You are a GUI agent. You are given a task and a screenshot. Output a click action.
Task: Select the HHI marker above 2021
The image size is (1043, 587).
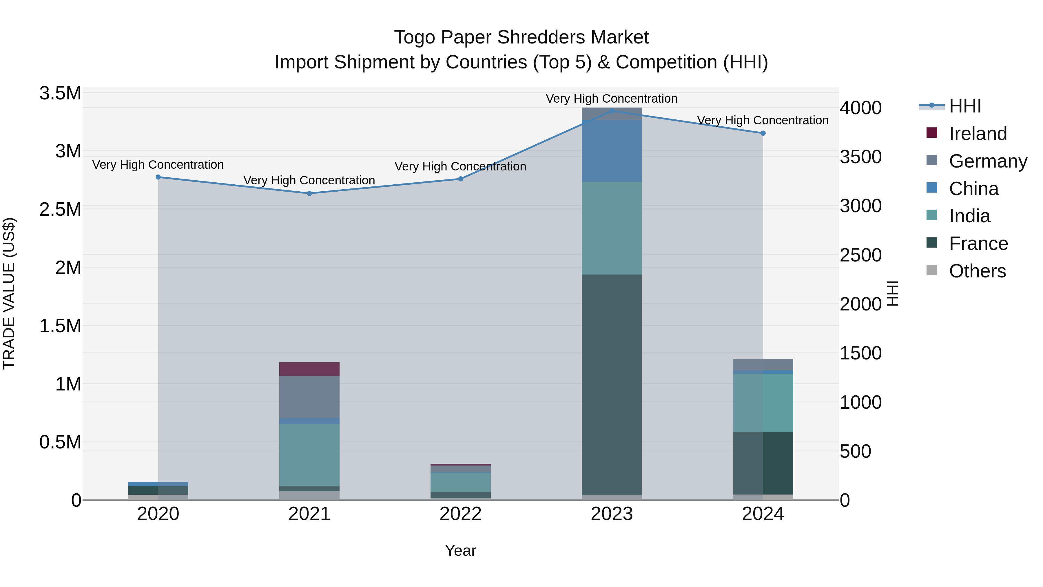pyautogui.click(x=309, y=193)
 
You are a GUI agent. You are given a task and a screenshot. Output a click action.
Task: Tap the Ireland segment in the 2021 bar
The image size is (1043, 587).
pyautogui.click(x=309, y=369)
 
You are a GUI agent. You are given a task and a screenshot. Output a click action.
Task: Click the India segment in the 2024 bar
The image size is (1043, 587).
pyautogui.click(x=763, y=402)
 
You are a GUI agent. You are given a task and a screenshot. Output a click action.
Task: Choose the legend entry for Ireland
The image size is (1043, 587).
pyautogui.click(x=978, y=134)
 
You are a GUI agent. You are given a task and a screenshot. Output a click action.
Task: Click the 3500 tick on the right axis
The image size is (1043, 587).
pyautogui.click(x=860, y=157)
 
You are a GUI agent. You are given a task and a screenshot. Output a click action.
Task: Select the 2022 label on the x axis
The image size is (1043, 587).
pyautogui.click(x=460, y=514)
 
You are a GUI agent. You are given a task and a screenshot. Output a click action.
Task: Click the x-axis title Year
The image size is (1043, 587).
pyautogui.click(x=460, y=550)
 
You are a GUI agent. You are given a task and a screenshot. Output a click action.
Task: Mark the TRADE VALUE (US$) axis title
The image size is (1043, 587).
pyautogui.click(x=9, y=293)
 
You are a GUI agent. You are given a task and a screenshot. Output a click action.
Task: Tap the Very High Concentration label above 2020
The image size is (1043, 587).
pyautogui.click(x=158, y=165)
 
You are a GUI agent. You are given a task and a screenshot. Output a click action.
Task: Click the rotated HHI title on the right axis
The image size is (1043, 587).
pyautogui.click(x=892, y=293)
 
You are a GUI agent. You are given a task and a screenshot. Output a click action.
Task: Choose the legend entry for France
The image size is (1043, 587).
pyautogui.click(x=978, y=243)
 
